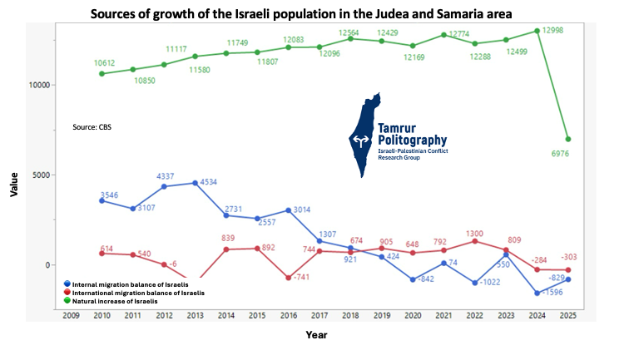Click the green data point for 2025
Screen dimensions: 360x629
coord(567,139)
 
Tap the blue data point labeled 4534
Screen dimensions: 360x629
coord(195,183)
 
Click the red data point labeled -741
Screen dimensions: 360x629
coord(288,278)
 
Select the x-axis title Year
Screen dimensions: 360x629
coord(315,335)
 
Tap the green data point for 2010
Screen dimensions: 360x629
coord(102,73)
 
